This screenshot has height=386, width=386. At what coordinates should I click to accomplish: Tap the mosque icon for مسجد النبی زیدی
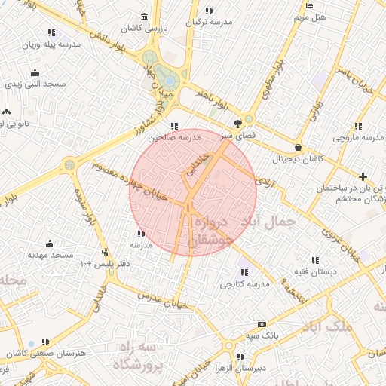[35, 73]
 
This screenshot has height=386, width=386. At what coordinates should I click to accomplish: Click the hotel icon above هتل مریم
[310, 5]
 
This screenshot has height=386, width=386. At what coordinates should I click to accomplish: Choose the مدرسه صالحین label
[174, 138]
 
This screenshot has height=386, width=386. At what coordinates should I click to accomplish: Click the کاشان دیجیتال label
[299, 160]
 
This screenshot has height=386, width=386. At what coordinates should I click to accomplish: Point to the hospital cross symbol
[363, 176]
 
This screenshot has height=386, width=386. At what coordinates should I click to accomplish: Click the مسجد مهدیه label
[51, 255]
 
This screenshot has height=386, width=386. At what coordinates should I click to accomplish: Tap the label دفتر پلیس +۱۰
[105, 264]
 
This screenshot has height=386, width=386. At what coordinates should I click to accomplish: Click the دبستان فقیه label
[314, 271]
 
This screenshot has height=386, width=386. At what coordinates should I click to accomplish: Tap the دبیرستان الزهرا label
[238, 368]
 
